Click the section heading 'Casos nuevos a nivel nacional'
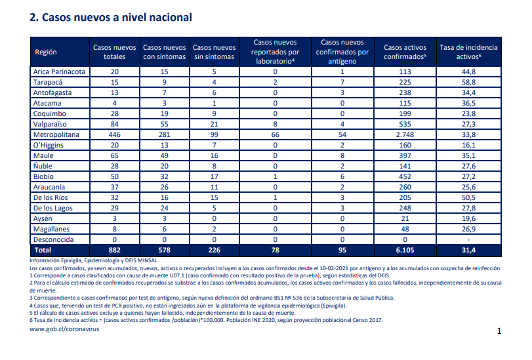coord(117,17)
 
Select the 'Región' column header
coord(46,52)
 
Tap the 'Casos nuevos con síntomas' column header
coord(165,52)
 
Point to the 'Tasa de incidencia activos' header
coord(468,52)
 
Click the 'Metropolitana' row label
coord(56,134)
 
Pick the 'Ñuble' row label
coord(43,166)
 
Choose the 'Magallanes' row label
coord(51,229)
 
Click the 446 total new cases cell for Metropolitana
coord(115,134)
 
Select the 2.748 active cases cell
coord(405,134)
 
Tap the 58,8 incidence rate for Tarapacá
coord(468,82)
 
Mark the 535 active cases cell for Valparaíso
coord(405,124)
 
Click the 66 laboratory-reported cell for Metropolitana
coord(275,134)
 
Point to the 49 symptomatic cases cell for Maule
coord(165,156)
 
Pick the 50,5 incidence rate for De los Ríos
coord(468,197)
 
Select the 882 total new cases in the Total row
coord(115,250)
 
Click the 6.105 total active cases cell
coord(405,250)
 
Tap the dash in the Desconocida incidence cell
coord(468,240)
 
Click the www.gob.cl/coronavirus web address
coord(64,329)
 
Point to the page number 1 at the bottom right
coord(499,331)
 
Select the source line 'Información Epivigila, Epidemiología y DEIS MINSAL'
coord(93,260)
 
